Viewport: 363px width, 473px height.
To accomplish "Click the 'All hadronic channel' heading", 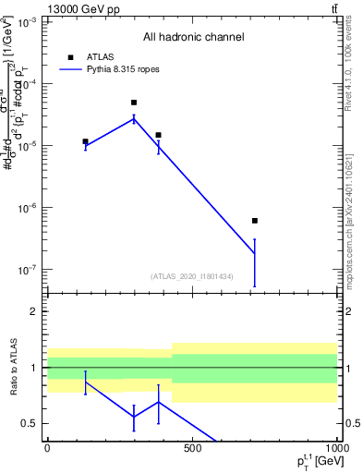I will click(x=193, y=38).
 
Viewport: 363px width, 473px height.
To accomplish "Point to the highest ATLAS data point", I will click(x=134, y=103).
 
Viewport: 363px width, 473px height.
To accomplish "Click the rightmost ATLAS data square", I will click(x=255, y=221).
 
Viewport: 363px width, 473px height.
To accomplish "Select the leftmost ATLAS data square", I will click(x=85, y=141).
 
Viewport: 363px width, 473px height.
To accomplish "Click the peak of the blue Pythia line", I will click(x=134, y=117).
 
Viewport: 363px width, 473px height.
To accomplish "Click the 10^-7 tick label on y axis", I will click(x=28, y=270).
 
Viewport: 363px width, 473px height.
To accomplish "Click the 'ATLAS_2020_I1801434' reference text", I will click(x=193, y=276).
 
